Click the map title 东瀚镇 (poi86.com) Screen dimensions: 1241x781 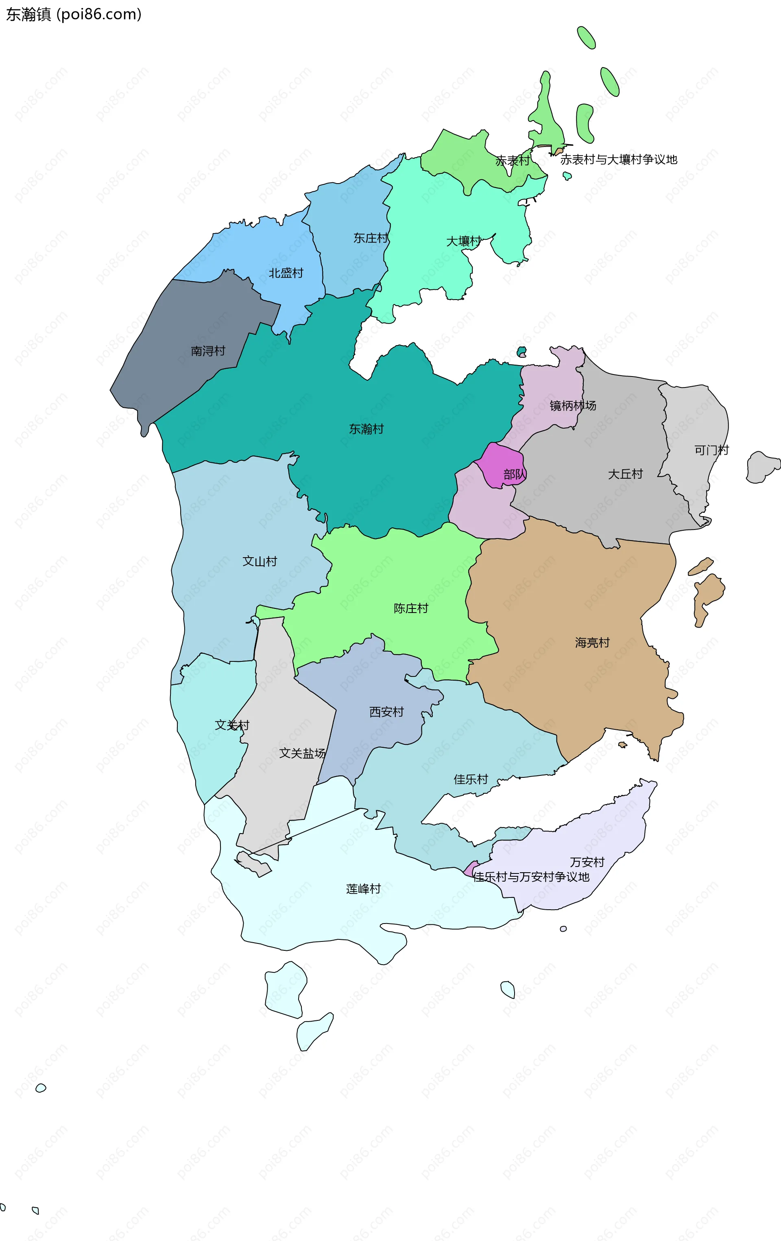pos(74,14)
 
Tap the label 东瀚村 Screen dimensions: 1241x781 pos(366,429)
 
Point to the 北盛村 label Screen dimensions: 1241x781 pos(286,273)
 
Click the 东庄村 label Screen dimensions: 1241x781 pos(371,238)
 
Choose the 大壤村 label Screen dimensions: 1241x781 pos(463,241)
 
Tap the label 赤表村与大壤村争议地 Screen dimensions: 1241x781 pos(618,160)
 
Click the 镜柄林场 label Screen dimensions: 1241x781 pos(572,405)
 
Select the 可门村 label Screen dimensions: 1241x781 pos(711,450)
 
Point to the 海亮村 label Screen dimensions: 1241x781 pos(592,643)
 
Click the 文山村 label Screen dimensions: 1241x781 pos(260,561)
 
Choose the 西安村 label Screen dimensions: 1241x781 pos(386,712)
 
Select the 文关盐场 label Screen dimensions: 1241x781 pos(302,753)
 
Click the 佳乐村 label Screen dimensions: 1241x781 pos(470,779)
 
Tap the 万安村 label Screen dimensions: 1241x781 pos(587,862)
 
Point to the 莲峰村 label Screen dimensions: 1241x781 pos(363,889)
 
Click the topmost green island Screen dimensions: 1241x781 pos(586,37)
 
